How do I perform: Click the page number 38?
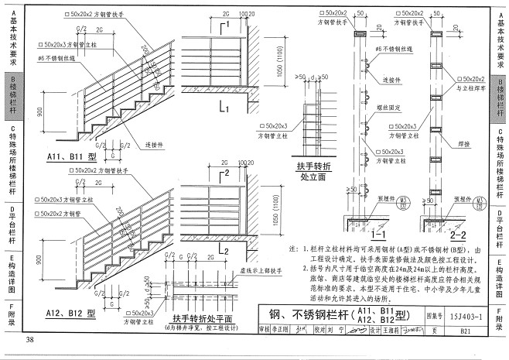pyautogui.click(x=30, y=341)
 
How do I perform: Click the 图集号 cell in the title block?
pyautogui.click(x=434, y=315)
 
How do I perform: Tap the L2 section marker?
pyautogui.click(x=223, y=250)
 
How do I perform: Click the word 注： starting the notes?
pyautogui.click(x=293, y=249)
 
